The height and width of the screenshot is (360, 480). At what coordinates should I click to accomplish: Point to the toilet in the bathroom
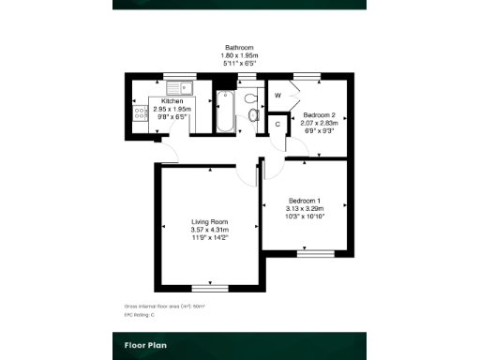(x=250, y=97)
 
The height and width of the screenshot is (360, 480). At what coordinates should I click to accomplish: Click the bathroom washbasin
(x=253, y=114)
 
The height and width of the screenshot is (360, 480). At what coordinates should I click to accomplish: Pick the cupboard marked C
(x=278, y=123)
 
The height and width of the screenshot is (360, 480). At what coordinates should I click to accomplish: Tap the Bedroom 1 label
(x=305, y=202)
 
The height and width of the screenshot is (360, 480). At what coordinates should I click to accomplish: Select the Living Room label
(x=210, y=222)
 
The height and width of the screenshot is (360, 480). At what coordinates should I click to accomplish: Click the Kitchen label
(x=172, y=101)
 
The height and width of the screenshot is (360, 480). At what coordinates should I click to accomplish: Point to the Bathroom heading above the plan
(x=239, y=47)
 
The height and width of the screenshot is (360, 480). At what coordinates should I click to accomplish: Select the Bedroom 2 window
(x=306, y=75)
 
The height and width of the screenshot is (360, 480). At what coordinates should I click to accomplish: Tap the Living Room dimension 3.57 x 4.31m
(x=210, y=230)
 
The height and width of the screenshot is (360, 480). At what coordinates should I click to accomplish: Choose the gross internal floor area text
(x=164, y=306)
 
